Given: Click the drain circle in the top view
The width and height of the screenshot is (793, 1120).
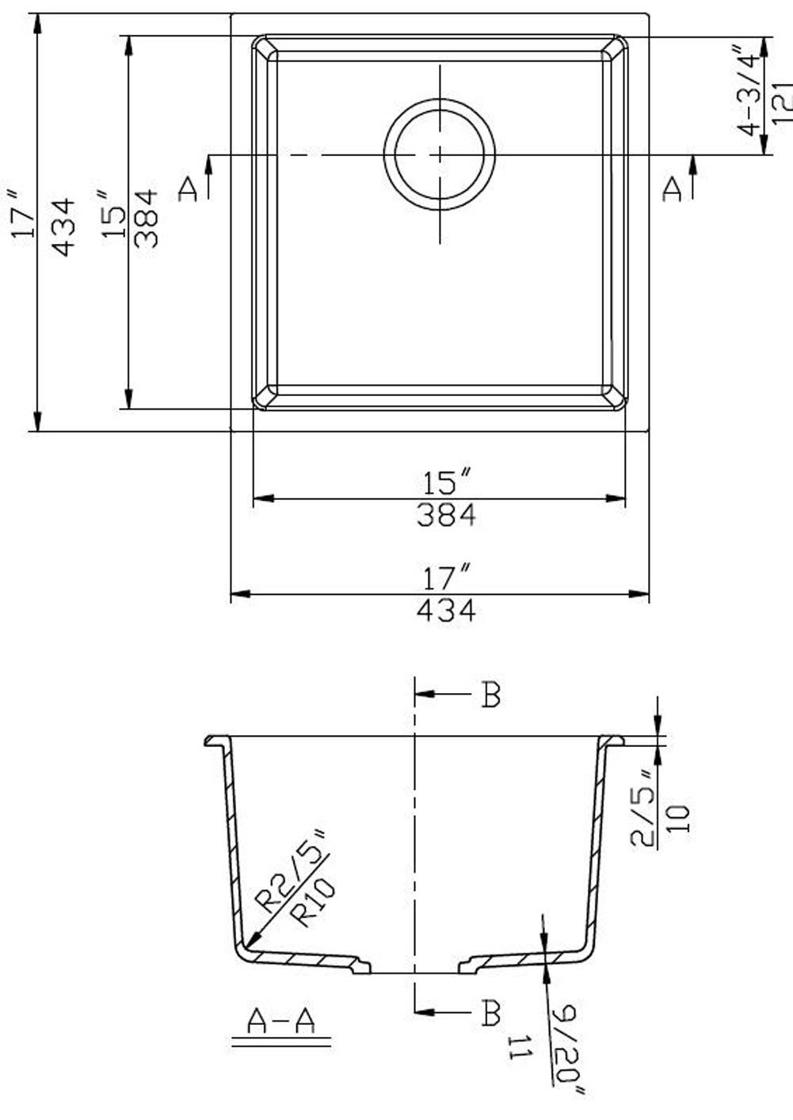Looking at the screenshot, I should pyautogui.click(x=440, y=154).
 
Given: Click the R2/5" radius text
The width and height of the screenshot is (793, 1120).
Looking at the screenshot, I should pyautogui.click(x=290, y=872).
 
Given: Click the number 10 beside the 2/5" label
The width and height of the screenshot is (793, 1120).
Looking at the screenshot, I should pyautogui.click(x=680, y=817).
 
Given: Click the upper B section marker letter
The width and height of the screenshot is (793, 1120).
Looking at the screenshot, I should pyautogui.click(x=491, y=695).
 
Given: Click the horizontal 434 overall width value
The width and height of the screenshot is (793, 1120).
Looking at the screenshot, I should pyautogui.click(x=446, y=610).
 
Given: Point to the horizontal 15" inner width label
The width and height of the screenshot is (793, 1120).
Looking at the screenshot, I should pyautogui.click(x=446, y=482).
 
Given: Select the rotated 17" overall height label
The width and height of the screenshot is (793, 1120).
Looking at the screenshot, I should pyautogui.click(x=22, y=214).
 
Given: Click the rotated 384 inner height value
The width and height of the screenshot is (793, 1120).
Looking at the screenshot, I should pyautogui.click(x=147, y=219).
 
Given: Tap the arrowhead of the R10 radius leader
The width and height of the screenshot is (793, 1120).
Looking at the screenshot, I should pyautogui.click(x=250, y=943).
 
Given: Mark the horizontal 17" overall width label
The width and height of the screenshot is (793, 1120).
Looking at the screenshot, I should pyautogui.click(x=446, y=577).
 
